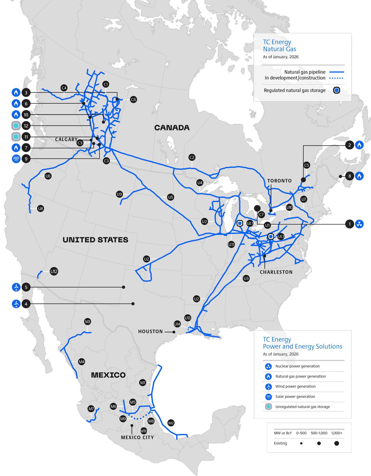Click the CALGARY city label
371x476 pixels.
66,139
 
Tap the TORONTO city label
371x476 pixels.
279,181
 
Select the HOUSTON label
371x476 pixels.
150,331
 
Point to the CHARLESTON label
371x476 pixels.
276,272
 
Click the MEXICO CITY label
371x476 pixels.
137,437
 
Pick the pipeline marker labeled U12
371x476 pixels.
54,271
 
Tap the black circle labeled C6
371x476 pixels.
133,100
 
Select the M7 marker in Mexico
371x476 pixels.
91,409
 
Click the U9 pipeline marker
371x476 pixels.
120,194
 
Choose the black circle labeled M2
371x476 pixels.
171,423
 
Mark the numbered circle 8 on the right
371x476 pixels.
350,176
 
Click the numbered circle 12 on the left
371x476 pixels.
26,126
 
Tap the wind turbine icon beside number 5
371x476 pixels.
16,287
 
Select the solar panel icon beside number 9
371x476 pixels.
16,159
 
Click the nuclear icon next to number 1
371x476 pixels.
359,224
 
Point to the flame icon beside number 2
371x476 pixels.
359,145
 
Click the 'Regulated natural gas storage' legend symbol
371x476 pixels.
336,90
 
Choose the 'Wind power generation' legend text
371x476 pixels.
295,386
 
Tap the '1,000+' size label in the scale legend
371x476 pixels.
337,433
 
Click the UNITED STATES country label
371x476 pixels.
95,240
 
